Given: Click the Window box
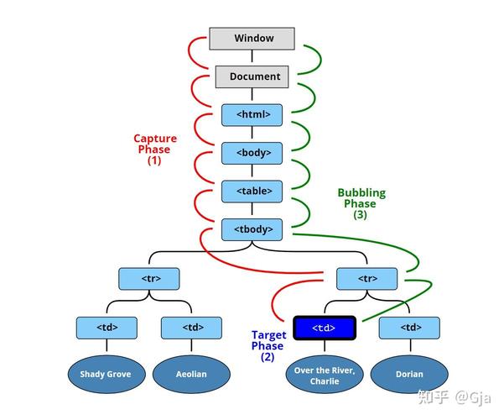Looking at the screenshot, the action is coord(252,39).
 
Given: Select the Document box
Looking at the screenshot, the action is coord(252,76).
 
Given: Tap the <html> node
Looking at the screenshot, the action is coord(252,115).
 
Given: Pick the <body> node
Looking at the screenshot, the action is coord(252,153).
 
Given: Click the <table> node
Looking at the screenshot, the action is coord(252,192).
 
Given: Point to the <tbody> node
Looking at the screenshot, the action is coord(252,229).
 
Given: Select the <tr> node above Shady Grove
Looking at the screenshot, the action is coord(149,279).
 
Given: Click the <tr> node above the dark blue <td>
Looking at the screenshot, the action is coord(366,279).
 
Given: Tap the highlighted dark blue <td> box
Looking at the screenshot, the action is coord(325,328).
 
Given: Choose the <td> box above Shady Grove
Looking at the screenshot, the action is coord(107,328).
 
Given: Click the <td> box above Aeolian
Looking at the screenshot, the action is coord(191,328).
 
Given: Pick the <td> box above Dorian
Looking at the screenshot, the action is coord(409,328).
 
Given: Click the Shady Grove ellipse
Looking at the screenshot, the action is coord(107,375).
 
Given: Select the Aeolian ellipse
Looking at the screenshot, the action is coord(191,375).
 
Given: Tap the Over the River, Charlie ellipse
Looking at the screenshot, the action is coord(325,375).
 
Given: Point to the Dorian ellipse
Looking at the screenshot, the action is coord(409,375).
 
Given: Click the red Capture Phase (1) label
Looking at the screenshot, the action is coord(155,150).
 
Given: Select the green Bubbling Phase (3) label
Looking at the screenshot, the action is coord(361,203).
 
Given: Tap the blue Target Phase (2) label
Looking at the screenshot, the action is coord(268,346).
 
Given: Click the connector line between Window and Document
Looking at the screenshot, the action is coord(252,56).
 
